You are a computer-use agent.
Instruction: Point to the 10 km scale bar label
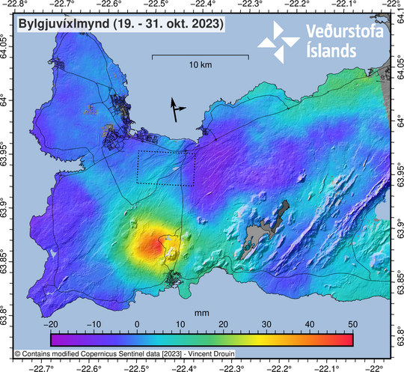tap(200, 66)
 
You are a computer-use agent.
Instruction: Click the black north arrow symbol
tap(177, 109)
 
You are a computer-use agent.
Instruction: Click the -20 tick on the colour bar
tap(50, 324)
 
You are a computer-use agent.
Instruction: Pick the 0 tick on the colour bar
tap(137, 324)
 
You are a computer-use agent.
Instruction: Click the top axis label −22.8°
tap(16, 4)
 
